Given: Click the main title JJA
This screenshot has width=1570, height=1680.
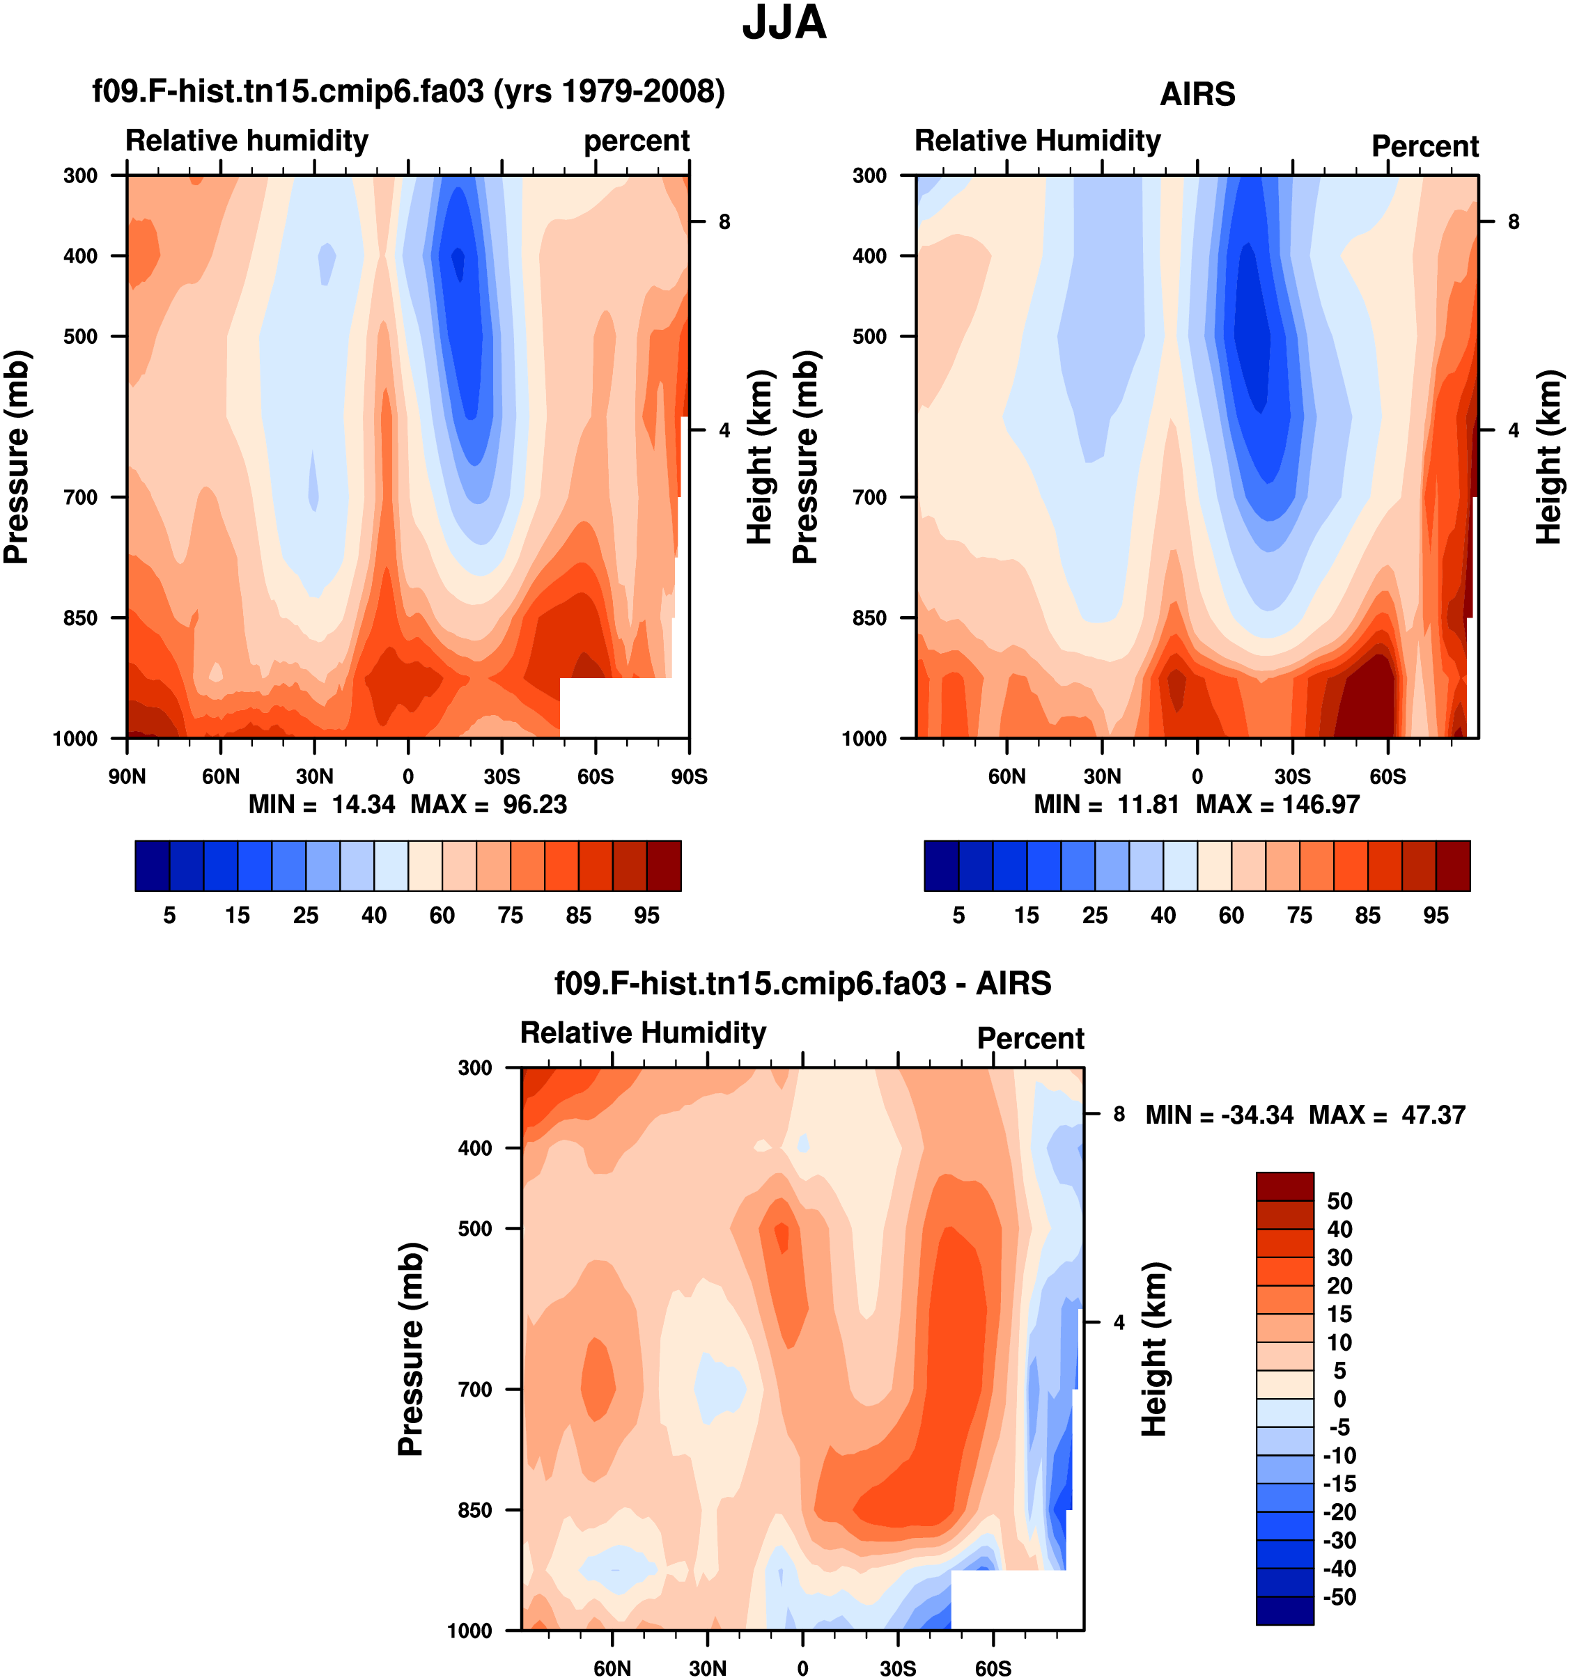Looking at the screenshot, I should click(784, 24).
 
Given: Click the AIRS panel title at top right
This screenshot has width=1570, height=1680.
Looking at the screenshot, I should click(1197, 94).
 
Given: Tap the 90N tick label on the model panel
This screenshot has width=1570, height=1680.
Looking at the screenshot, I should click(127, 776).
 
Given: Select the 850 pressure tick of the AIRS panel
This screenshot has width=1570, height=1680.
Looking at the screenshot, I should click(869, 618).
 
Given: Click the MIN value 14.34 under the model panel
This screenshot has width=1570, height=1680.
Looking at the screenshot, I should click(363, 805).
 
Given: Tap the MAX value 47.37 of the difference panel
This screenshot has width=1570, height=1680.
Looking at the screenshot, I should click(1432, 1115).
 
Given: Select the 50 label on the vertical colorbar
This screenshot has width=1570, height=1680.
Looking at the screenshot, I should click(1340, 1201).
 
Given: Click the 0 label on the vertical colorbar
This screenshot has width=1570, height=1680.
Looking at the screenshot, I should click(1339, 1399).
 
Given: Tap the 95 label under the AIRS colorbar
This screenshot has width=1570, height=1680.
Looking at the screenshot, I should click(1436, 916).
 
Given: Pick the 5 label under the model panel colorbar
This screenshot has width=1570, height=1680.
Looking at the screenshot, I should click(169, 916).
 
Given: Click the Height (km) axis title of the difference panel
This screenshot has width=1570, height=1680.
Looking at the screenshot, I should click(1155, 1349).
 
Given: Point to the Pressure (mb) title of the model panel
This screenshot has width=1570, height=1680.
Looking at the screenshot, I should click(17, 457).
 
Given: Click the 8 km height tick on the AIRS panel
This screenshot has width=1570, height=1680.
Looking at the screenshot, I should click(1514, 222).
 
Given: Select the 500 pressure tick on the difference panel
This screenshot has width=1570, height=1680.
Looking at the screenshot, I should click(474, 1229).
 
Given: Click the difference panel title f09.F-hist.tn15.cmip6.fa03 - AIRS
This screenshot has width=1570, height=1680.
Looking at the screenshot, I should click(802, 984).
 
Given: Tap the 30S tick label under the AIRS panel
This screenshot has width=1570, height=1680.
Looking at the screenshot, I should click(1292, 776).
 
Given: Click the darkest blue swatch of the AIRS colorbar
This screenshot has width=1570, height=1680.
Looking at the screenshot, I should click(941, 866).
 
